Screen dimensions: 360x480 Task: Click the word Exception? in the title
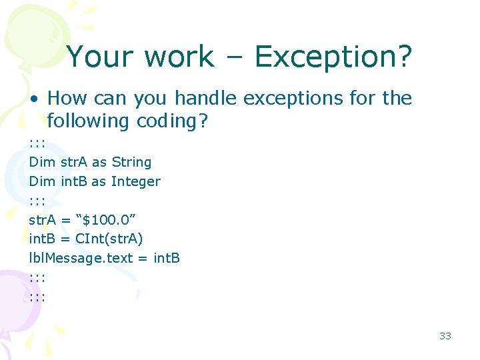333,58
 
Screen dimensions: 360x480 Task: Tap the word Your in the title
101,57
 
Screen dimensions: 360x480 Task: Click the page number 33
445,335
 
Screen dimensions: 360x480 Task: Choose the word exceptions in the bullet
297,99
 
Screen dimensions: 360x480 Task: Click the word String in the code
131,162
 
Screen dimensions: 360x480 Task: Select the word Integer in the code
135,181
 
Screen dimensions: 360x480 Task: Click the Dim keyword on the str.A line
42,162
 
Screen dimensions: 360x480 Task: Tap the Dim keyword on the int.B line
42,181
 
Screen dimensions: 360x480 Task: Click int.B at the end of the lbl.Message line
167,258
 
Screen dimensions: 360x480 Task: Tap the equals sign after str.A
65,219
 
